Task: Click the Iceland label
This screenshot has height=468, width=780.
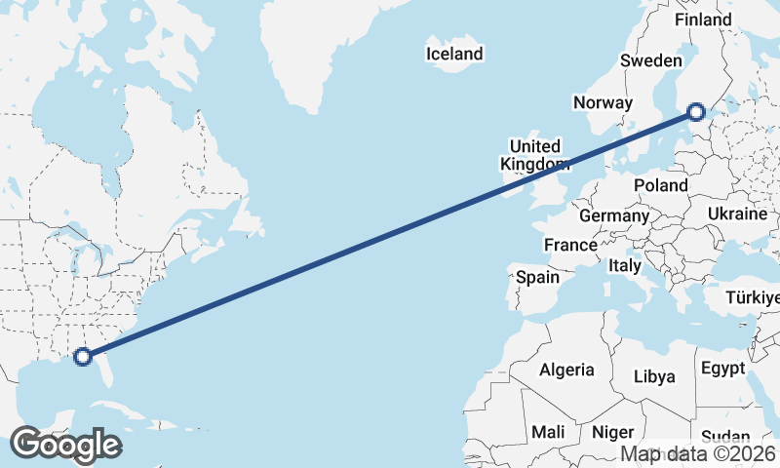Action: (x=454, y=54)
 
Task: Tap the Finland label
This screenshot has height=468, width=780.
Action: (x=702, y=19)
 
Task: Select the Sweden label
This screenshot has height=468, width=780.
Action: (x=650, y=60)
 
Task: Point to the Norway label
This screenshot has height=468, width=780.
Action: (x=604, y=102)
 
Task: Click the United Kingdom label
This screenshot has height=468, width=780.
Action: (x=534, y=155)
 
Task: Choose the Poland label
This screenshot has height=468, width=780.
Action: (x=660, y=185)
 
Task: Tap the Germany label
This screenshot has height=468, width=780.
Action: (x=613, y=215)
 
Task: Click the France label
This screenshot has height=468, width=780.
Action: (x=570, y=245)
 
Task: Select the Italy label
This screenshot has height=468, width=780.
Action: (x=624, y=265)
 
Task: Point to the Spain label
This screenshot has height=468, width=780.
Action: (x=537, y=277)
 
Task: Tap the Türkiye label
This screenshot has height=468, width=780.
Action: (x=753, y=297)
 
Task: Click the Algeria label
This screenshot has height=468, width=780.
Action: (x=566, y=370)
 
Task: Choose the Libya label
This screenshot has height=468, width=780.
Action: (x=653, y=376)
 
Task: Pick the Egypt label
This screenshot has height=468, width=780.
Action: (x=722, y=369)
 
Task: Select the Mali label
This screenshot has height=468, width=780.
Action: (x=548, y=431)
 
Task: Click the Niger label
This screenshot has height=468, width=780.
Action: (x=613, y=431)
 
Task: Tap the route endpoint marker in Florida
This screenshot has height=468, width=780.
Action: (x=83, y=357)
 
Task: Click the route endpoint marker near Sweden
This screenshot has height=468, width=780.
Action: (x=696, y=111)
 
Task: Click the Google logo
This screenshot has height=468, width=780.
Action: (x=65, y=445)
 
